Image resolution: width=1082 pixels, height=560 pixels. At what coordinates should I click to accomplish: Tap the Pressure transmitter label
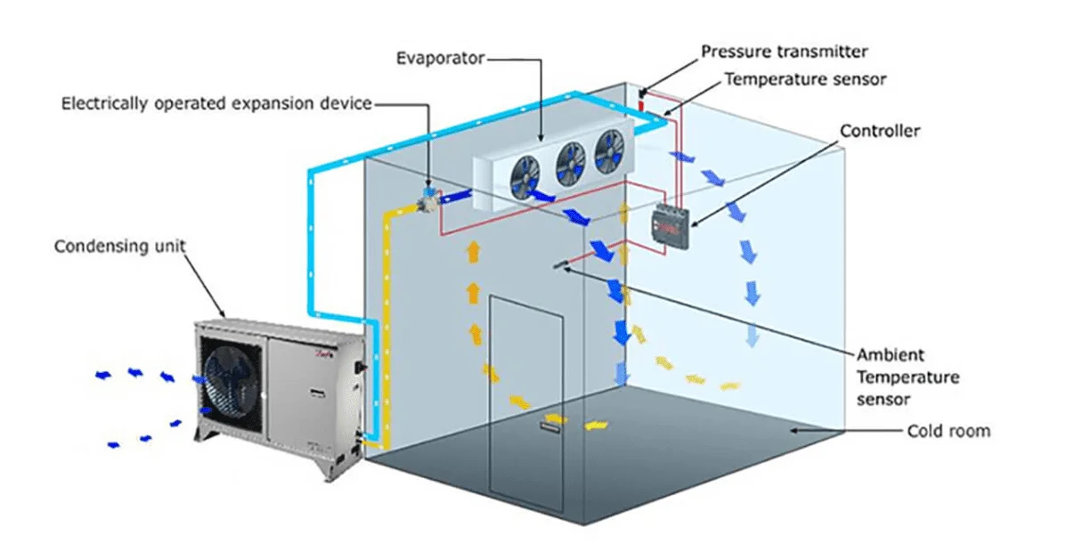[x=784, y=52]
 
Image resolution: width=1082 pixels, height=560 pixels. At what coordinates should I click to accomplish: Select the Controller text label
[x=880, y=132]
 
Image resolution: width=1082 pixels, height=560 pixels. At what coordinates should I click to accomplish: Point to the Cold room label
[x=948, y=431]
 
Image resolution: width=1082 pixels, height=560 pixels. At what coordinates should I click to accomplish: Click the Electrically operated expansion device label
[x=216, y=103]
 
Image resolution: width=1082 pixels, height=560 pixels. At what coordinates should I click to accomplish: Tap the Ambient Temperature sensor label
[x=907, y=377]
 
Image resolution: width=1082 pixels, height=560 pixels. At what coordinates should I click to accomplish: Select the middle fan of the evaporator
[x=570, y=161]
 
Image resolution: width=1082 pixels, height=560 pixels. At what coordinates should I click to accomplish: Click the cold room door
[x=525, y=401]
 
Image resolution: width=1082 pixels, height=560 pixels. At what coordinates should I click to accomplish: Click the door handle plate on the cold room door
[x=550, y=428]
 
